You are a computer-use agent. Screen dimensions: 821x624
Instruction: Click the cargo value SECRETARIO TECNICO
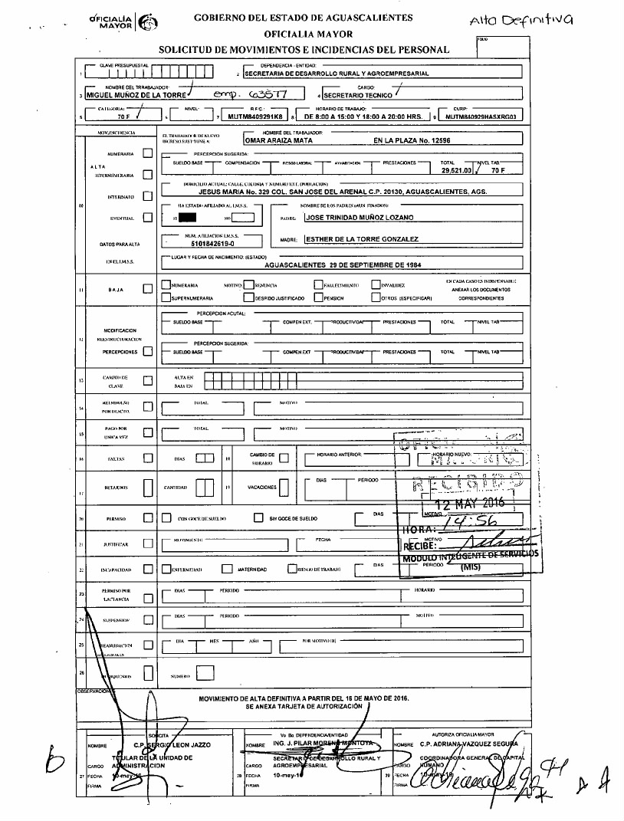point(357,97)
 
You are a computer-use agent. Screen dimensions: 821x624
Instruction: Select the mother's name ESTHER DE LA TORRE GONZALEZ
point(362,239)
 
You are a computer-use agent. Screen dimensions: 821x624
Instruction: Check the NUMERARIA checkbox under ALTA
point(148,153)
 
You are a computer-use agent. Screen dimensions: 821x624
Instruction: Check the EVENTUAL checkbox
point(148,218)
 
